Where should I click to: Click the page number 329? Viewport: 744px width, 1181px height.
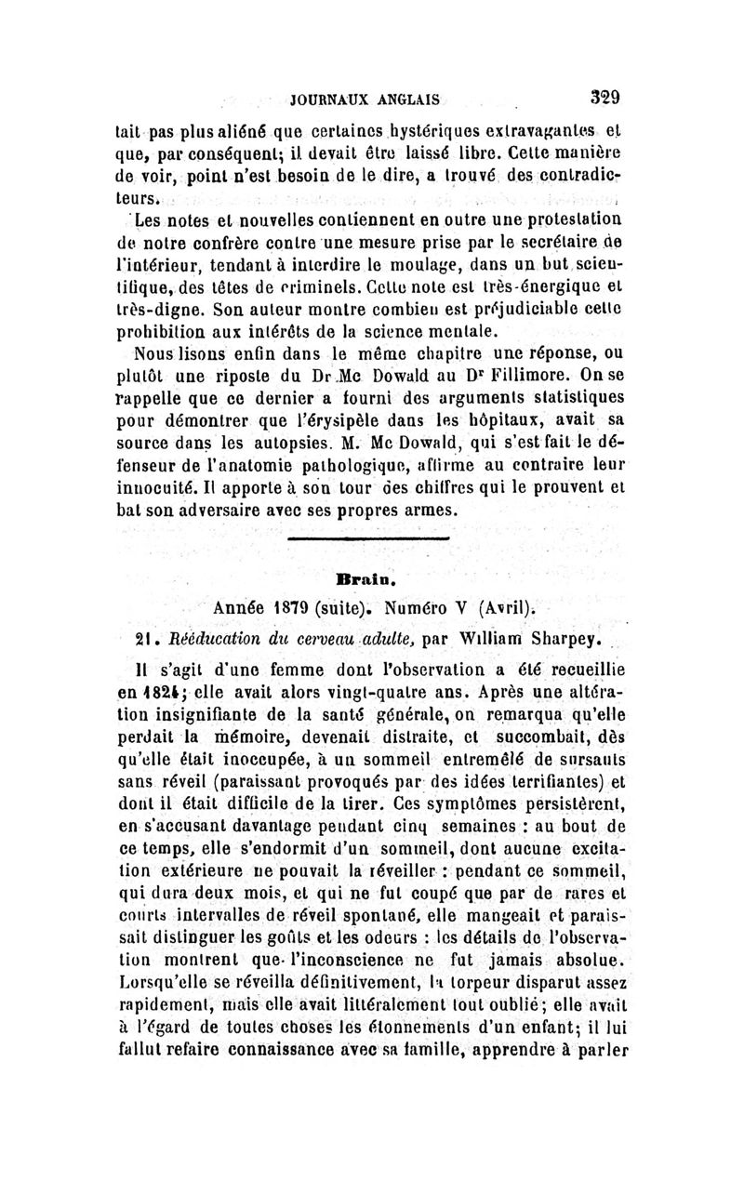[x=604, y=98]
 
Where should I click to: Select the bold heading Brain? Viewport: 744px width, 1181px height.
[x=372, y=578]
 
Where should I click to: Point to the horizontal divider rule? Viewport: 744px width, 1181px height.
[x=369, y=538]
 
